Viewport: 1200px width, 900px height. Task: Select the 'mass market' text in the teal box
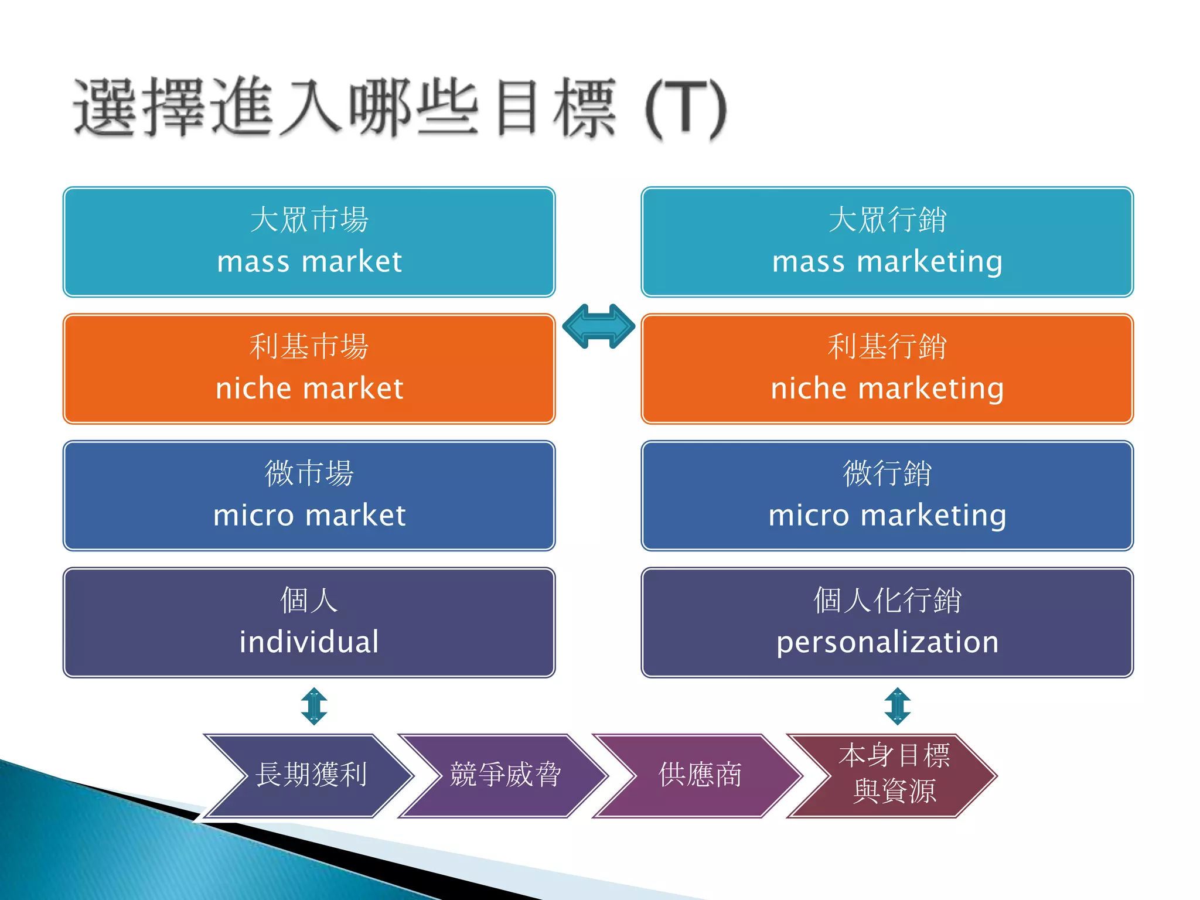[x=309, y=261]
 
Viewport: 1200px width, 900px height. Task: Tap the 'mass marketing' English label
[x=887, y=261]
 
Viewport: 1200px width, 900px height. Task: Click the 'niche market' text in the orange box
[x=309, y=388]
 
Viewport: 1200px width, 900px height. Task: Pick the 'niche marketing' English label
[x=887, y=388]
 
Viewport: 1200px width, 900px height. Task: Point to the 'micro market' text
[x=309, y=516]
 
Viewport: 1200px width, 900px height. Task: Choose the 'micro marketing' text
[x=887, y=516]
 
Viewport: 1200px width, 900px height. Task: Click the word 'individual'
[x=309, y=642]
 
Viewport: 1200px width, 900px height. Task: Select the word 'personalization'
[x=887, y=642]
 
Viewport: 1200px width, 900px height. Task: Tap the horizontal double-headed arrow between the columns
[x=598, y=326]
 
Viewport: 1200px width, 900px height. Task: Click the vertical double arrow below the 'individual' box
[x=314, y=706]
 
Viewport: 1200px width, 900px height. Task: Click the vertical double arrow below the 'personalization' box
[x=897, y=706]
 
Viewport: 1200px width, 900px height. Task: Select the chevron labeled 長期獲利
[x=311, y=775]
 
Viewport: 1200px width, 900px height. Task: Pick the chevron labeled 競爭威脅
[x=505, y=775]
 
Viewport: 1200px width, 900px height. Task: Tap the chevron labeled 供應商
[x=700, y=775]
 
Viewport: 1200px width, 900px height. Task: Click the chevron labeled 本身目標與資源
[x=894, y=774]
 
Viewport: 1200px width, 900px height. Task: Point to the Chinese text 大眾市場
[x=309, y=220]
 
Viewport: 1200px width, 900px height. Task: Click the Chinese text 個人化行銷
[x=887, y=600]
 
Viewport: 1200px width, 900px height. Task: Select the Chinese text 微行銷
[x=887, y=473]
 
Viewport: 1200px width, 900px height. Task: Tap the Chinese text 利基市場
[x=309, y=346]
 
